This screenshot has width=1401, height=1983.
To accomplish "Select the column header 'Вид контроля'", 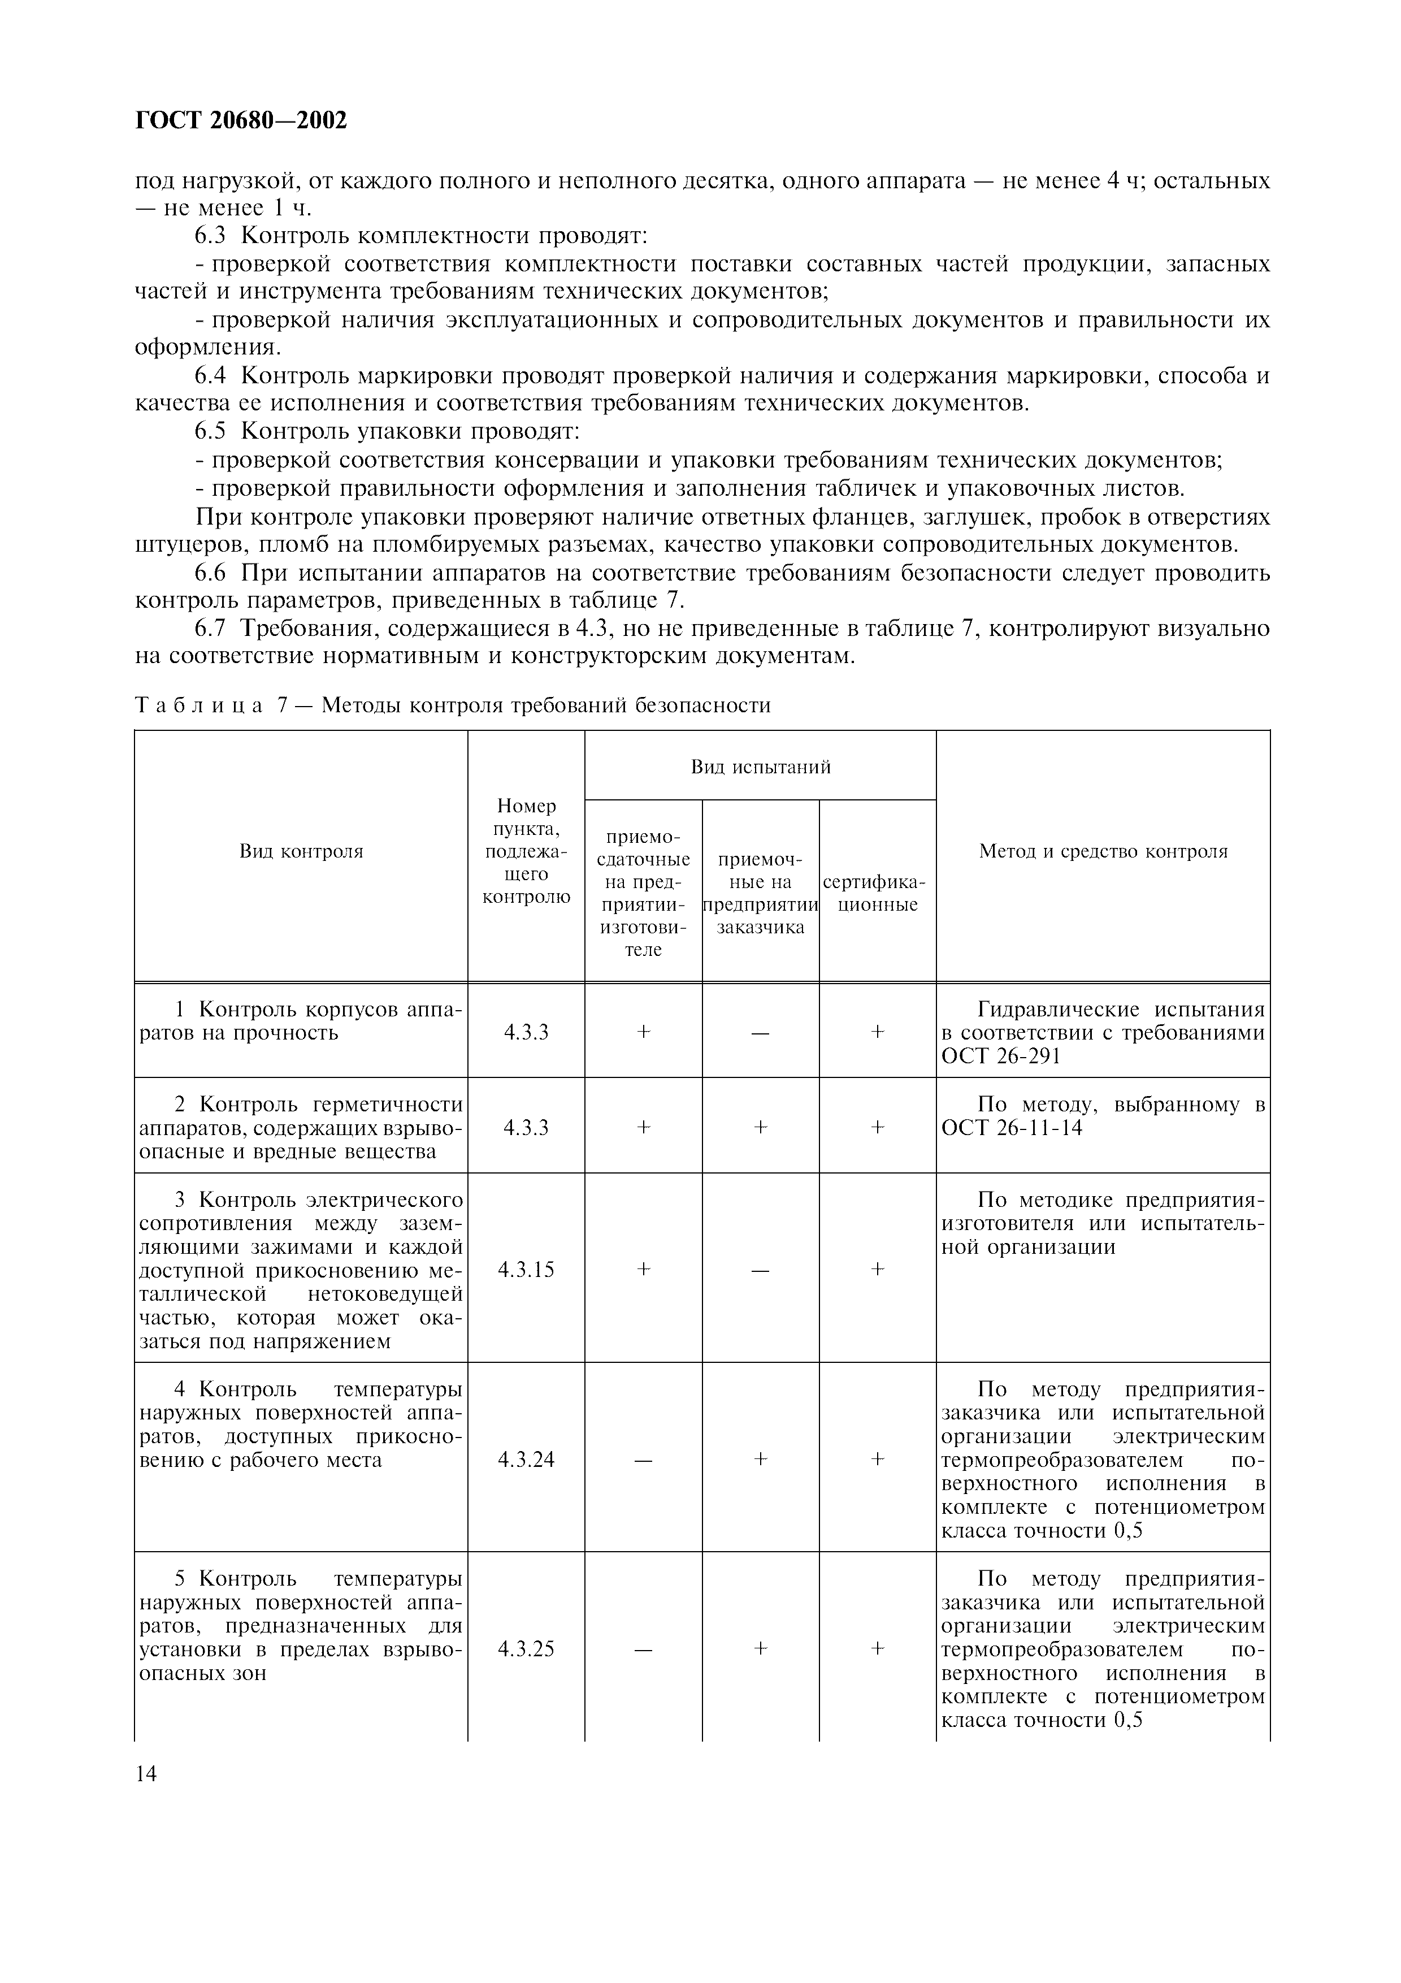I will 301,851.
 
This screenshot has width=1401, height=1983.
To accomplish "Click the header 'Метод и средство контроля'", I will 1103,851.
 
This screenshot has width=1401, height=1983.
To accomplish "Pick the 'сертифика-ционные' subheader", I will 877,893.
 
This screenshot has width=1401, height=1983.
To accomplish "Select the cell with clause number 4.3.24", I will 526,1459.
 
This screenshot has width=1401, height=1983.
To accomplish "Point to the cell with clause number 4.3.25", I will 526,1649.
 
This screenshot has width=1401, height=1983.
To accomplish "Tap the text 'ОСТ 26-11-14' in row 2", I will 1011,1128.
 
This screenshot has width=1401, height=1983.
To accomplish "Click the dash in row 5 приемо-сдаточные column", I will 643,1649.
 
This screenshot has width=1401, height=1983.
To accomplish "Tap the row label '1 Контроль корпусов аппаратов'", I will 301,1021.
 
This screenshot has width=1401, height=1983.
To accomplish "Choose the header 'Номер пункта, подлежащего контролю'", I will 526,851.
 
